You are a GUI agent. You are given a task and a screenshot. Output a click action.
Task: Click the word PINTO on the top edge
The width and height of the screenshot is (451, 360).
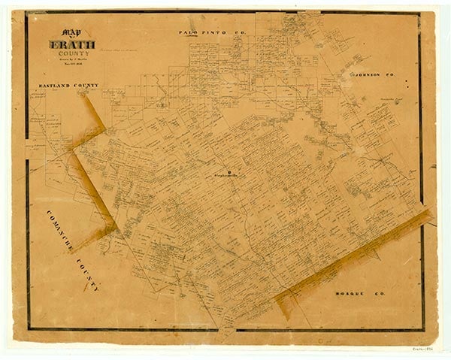(210, 33)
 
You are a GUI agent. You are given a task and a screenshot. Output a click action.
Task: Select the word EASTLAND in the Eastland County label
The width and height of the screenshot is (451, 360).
(57, 86)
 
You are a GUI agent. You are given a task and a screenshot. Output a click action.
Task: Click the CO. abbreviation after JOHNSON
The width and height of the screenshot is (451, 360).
(390, 76)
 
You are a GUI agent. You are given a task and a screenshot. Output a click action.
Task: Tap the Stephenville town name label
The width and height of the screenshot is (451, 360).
(225, 174)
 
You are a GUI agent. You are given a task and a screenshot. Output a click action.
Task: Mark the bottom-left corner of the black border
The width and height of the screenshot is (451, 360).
(29, 328)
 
